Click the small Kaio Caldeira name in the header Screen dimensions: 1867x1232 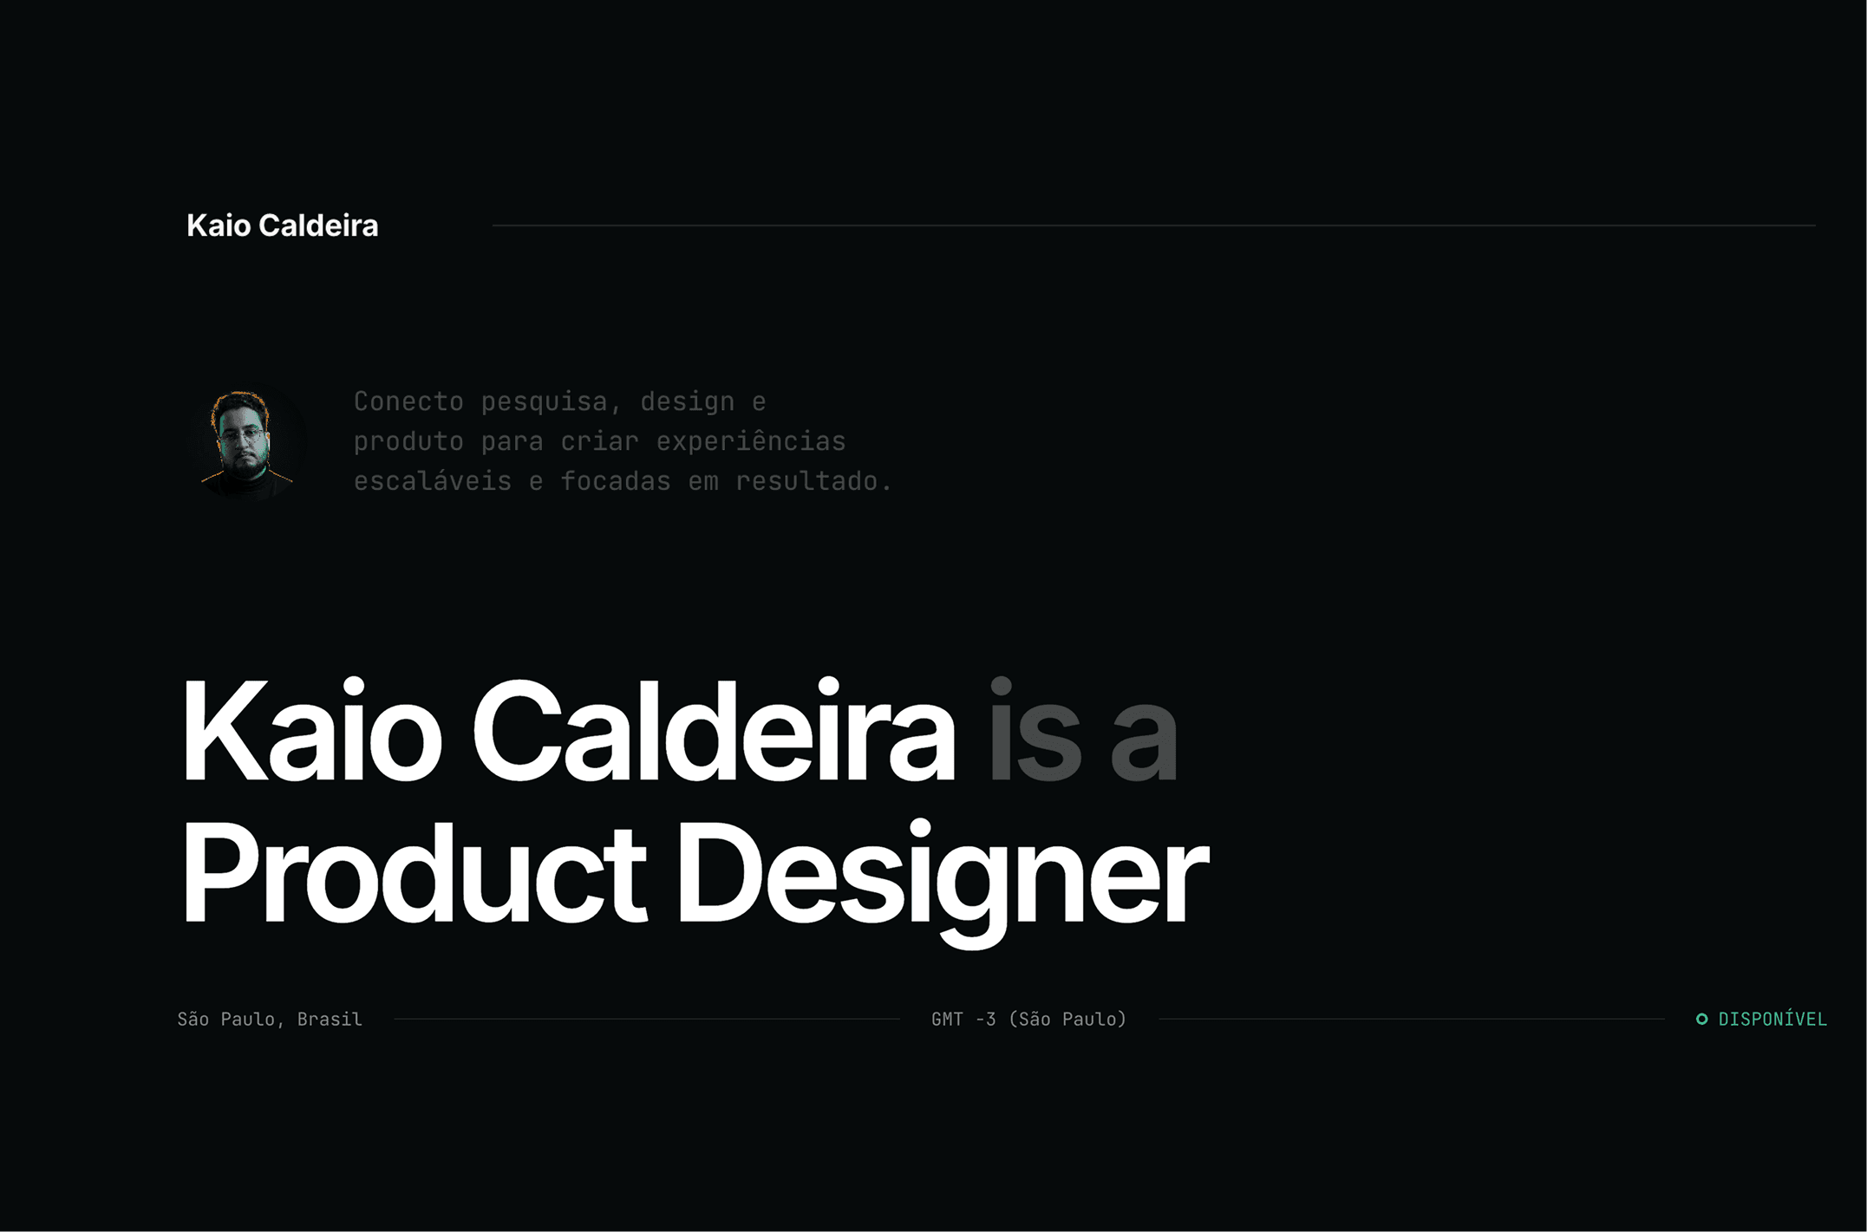click(283, 225)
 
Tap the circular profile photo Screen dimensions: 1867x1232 click(245, 442)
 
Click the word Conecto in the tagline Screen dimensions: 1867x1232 click(408, 401)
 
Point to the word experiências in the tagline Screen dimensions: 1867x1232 click(751, 442)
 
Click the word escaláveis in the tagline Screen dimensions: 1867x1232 click(433, 481)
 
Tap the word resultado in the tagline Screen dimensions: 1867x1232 click(813, 481)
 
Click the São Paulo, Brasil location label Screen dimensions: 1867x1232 click(270, 1020)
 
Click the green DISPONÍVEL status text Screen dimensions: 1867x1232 click(1772, 1020)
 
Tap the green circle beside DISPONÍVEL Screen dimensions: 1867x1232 click(1702, 1020)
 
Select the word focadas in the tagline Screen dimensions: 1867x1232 click(616, 481)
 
